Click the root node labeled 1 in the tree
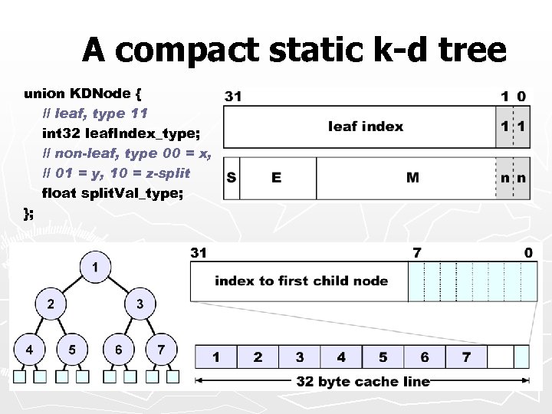tap(94, 268)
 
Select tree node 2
tap(51, 304)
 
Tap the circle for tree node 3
tap(139, 304)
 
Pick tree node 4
tap(29, 350)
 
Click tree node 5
tap(72, 350)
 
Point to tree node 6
tap(118, 350)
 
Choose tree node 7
tap(160, 350)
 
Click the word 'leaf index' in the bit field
tap(365, 126)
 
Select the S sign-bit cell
tap(231, 178)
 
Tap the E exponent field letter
tap(276, 178)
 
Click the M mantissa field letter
tap(412, 178)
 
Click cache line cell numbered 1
tap(216, 357)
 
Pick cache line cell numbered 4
tap(341, 357)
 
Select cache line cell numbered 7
tap(466, 357)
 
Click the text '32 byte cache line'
tap(363, 381)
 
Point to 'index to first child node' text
tap(301, 281)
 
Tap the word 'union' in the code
tap(44, 94)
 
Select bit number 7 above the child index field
tap(416, 252)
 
